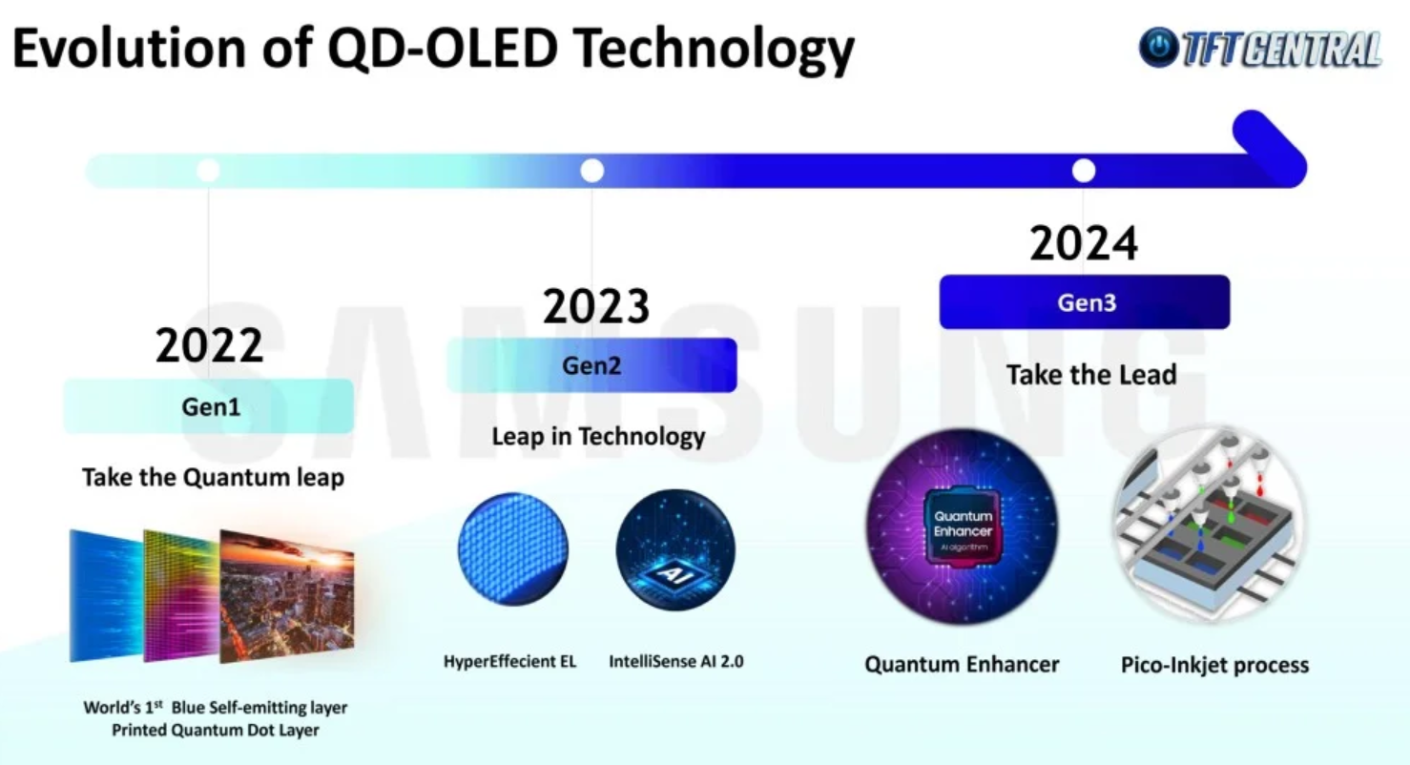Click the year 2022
pos(209,345)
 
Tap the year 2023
pos(595,306)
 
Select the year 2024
pos(1084,243)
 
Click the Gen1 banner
pos(209,406)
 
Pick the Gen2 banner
pos(591,365)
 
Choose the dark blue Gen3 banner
pos(1085,301)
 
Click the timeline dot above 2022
pos(208,170)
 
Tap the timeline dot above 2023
pos(591,171)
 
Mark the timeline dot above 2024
pos(1084,171)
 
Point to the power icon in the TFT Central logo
pos(1159,47)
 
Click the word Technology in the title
pos(714,49)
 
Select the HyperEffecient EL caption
pos(509,661)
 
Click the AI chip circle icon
pos(675,549)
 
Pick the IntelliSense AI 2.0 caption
pos(676,661)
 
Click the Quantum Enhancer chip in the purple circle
pos(963,527)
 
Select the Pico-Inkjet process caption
pos(1214,665)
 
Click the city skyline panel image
pos(286,596)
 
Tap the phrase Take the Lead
pos(1091,375)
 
